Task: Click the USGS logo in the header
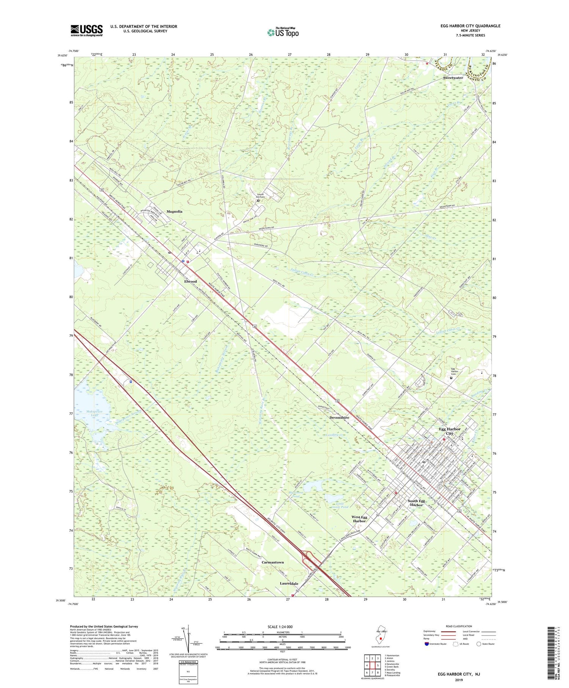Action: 86,30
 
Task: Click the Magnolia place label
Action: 174,211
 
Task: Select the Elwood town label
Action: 190,281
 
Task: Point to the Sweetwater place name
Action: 453,78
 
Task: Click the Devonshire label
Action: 339,417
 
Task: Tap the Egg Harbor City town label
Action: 450,431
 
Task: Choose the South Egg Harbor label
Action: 416,503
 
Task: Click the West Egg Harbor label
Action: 359,519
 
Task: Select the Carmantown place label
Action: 273,562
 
